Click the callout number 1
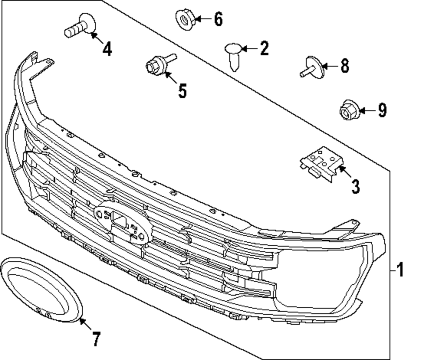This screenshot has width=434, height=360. [x=400, y=270]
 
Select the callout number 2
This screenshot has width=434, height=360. [x=264, y=48]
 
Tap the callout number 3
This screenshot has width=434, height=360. [x=355, y=187]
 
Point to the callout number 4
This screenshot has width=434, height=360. [x=107, y=49]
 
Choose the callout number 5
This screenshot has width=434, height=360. [x=182, y=91]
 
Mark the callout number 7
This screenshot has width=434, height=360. [x=96, y=339]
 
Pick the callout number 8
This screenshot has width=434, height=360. [x=344, y=66]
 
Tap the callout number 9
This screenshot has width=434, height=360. [x=381, y=110]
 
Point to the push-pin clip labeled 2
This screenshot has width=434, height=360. [x=233, y=55]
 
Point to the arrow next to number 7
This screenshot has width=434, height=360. [x=85, y=325]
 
